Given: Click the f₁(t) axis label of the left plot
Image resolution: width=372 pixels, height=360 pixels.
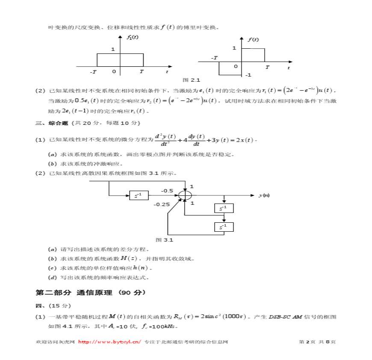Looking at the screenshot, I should [x=133, y=37].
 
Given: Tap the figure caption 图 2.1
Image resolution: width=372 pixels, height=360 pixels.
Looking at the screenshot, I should [x=191, y=80].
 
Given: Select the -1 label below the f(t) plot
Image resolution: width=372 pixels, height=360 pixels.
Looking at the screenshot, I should [x=248, y=75].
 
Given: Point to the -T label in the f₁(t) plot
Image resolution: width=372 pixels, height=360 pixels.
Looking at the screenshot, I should [x=93, y=72].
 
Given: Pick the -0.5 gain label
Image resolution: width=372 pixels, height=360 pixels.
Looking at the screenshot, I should [x=167, y=191].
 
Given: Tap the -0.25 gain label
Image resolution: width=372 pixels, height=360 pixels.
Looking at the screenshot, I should [x=162, y=204].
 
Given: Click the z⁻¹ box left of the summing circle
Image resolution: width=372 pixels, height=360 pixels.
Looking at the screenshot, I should [x=139, y=196].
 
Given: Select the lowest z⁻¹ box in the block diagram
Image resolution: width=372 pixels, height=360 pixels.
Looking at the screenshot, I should [x=224, y=227].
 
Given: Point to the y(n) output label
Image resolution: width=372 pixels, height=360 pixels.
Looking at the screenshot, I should [x=264, y=195].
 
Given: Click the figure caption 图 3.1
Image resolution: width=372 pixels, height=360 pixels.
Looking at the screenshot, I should [x=164, y=240].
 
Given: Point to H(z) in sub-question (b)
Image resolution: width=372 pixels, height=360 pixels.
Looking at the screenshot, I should [x=129, y=258].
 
